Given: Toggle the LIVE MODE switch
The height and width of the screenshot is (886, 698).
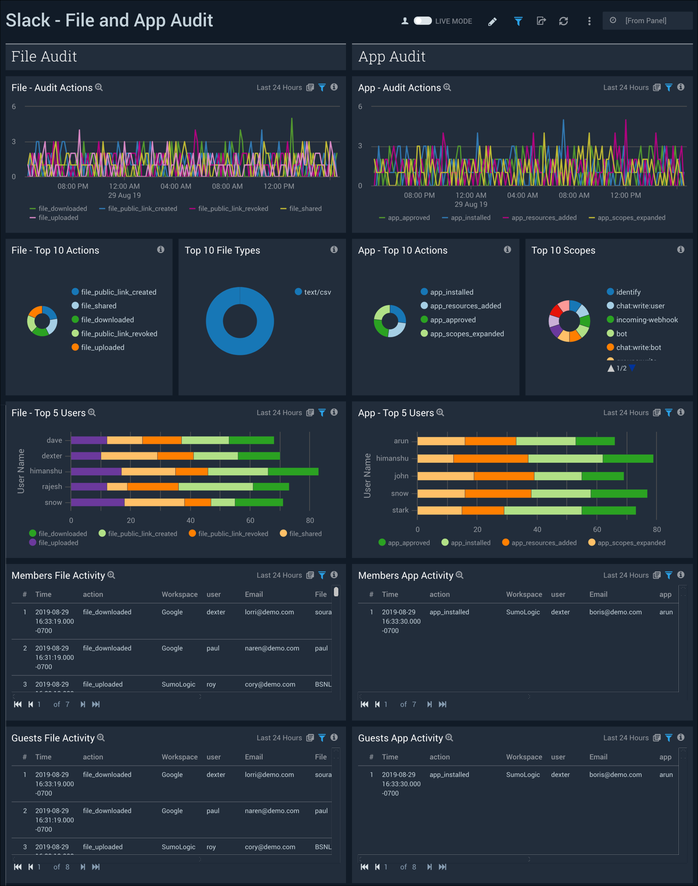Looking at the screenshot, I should (423, 21).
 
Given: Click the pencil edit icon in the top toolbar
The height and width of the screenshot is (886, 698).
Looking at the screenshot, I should (492, 21).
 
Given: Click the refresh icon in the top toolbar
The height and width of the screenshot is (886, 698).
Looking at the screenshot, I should (563, 21).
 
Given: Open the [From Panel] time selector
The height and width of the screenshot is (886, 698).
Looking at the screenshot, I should (647, 21).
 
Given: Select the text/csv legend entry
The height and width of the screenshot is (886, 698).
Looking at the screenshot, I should (317, 292).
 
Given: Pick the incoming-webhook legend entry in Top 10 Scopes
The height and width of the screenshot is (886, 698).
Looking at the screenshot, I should (647, 320).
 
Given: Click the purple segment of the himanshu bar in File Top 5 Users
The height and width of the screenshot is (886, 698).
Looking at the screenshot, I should (96, 471).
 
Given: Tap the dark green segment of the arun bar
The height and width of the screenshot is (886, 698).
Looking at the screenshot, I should (595, 441).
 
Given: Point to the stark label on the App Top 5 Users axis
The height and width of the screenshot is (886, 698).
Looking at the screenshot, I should (400, 510).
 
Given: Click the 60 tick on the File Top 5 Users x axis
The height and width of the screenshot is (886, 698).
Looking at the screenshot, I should (250, 520).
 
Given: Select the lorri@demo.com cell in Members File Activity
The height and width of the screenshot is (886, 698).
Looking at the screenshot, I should (269, 612).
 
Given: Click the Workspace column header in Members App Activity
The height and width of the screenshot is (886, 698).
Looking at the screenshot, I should (524, 595).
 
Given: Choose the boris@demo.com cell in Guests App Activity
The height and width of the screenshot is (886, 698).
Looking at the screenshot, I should (615, 775).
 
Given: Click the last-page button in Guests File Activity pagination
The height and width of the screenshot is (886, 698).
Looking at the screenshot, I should (96, 867).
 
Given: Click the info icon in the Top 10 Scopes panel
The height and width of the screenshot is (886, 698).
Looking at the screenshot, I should (680, 250).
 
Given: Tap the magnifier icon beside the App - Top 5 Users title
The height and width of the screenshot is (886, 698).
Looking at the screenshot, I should (440, 412).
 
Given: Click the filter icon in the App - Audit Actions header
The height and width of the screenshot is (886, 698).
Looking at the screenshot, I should (668, 88).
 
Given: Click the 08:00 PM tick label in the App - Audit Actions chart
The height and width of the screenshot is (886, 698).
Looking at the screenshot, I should (419, 195).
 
